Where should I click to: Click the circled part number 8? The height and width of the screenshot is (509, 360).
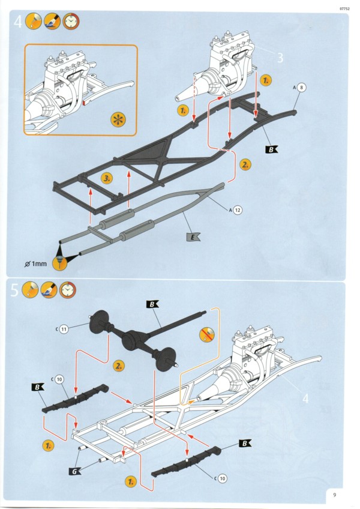click(302, 88)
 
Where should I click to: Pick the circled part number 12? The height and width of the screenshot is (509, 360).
click(238, 210)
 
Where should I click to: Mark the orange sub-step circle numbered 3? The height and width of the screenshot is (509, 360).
click(107, 178)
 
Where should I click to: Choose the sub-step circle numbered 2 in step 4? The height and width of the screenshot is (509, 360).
click(245, 163)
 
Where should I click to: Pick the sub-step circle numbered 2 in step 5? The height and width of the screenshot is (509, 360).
click(119, 365)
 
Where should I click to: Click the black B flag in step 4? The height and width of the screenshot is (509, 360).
click(272, 149)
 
